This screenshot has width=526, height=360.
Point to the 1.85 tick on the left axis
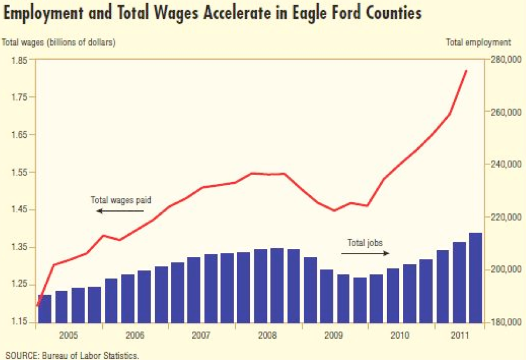18,60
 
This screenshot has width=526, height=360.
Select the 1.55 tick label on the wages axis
18,172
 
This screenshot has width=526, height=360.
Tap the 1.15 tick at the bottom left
18,322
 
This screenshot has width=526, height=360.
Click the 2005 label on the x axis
69,335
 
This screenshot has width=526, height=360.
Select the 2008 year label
268,335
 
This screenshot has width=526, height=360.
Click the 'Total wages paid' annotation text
121,200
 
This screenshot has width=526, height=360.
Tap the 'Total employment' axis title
478,42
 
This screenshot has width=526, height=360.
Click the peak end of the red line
466,70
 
